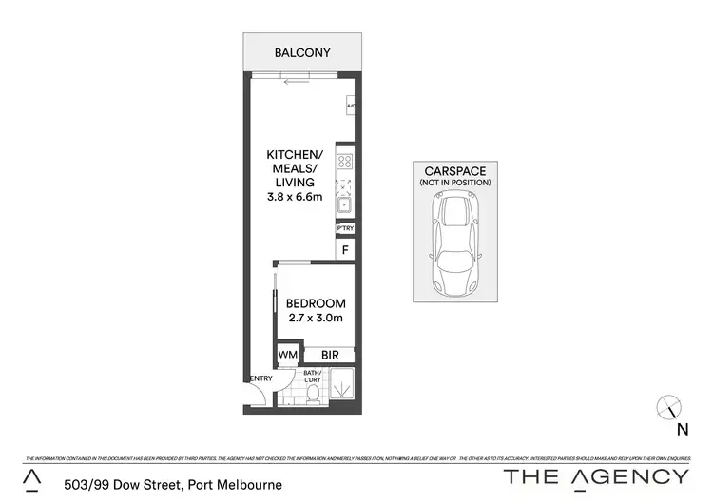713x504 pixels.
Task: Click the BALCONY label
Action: point(302,52)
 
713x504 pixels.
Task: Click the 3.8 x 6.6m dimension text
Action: point(295,198)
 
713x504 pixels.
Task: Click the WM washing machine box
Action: point(287,356)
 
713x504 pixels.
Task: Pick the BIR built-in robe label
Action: point(329,355)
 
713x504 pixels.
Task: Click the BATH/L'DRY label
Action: point(312,377)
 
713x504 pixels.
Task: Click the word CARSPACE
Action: point(454,171)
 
